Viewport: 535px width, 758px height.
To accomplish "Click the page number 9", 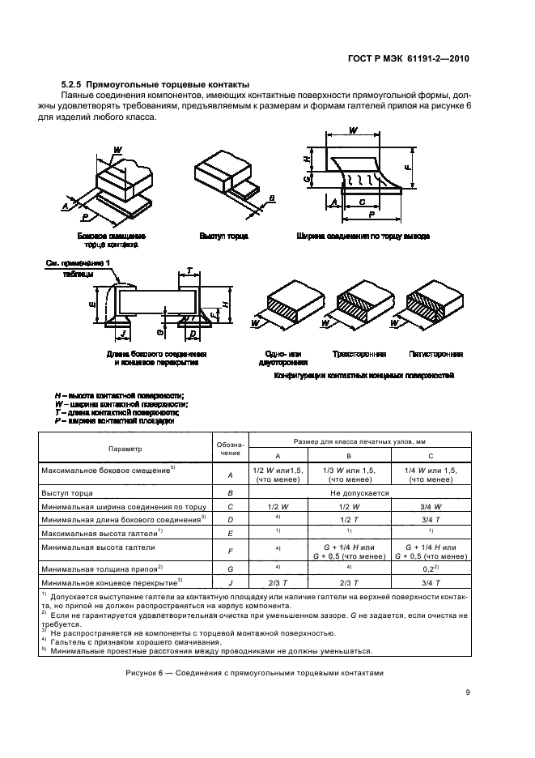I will (469, 691).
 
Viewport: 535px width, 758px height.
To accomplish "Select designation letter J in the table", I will (230, 581).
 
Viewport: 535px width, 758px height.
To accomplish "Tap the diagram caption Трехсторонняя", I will (359, 354).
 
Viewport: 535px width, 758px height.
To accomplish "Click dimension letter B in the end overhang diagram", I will (271, 198).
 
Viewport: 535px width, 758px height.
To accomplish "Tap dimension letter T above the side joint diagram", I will (189, 269).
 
